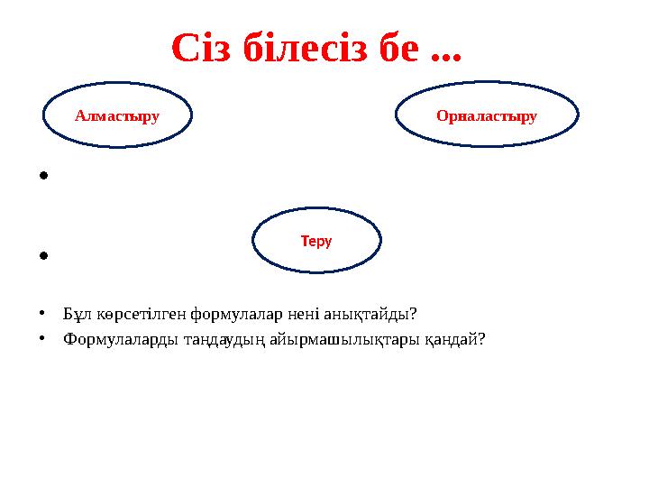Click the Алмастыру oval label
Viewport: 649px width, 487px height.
[117, 115]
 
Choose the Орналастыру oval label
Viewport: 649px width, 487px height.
[487, 115]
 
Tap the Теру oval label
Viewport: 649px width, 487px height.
[316, 241]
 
